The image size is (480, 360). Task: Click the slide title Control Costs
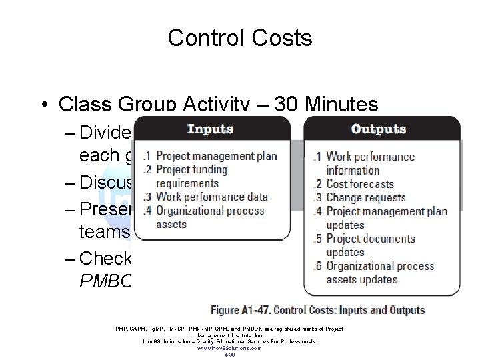click(x=240, y=38)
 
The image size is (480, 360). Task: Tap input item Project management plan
click(x=216, y=157)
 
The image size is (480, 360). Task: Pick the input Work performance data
click(x=211, y=197)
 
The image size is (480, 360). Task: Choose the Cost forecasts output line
click(x=359, y=184)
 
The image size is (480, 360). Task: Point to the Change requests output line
click(x=365, y=197)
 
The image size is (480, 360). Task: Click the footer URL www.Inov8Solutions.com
click(x=229, y=348)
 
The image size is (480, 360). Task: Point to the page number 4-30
click(x=229, y=354)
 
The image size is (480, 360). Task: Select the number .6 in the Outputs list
click(x=318, y=267)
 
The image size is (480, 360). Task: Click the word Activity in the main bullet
click(x=210, y=105)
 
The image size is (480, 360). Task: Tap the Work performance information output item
click(x=370, y=163)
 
